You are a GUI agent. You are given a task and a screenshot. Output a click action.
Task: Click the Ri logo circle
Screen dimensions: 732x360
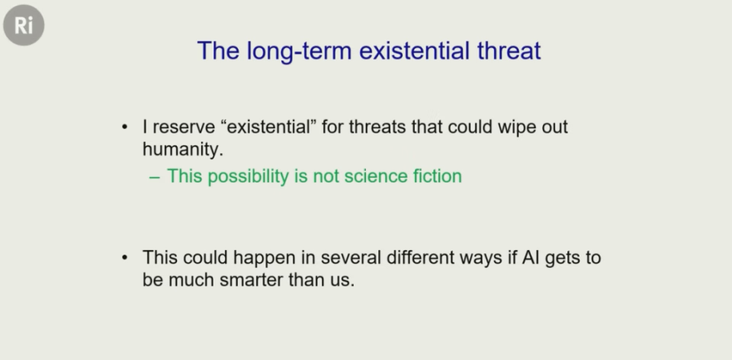pyautogui.click(x=24, y=25)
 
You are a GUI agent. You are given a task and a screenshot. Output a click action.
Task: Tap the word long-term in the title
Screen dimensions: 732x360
pyautogui.click(x=299, y=51)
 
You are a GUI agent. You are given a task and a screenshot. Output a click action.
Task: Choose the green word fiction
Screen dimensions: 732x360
pyautogui.click(x=438, y=176)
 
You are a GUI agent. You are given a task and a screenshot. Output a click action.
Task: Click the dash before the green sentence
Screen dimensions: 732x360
pyautogui.click(x=155, y=178)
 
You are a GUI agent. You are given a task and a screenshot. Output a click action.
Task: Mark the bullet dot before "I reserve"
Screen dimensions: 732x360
pyautogui.click(x=124, y=127)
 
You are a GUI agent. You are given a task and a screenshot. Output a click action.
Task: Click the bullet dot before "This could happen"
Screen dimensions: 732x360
pyautogui.click(x=124, y=258)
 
